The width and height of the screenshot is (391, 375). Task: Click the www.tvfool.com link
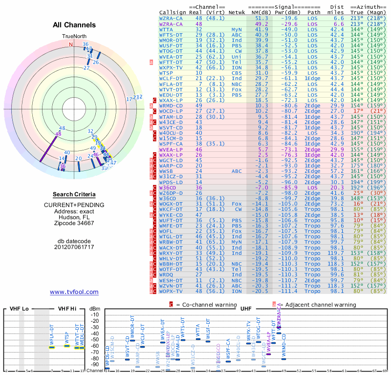[x=74, y=292]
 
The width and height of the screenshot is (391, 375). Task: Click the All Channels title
[x=74, y=24]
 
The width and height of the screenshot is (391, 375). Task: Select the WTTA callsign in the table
[x=169, y=30]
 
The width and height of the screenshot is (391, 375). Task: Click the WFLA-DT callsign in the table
[x=171, y=84]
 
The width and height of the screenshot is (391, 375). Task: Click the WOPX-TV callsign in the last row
[x=171, y=291]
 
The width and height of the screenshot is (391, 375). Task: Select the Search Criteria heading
[x=74, y=194]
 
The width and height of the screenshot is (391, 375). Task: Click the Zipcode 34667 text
[x=74, y=223]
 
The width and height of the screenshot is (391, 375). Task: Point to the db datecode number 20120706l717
[x=74, y=247]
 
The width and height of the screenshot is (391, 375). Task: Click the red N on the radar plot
[x=70, y=44]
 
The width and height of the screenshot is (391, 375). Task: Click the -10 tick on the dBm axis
[x=95, y=315]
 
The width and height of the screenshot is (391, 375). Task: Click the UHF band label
[x=246, y=309]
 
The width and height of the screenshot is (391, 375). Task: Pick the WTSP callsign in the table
[x=169, y=73]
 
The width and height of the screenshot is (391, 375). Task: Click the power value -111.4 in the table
[x=290, y=291]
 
